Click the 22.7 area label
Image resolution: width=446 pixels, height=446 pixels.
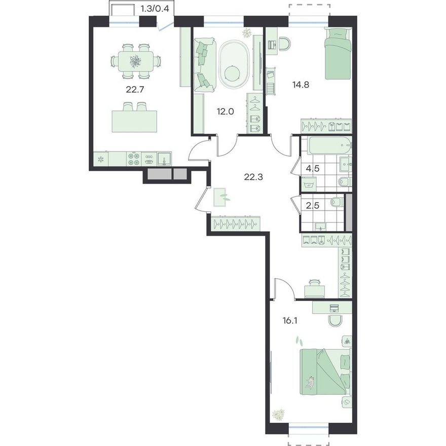[135, 90]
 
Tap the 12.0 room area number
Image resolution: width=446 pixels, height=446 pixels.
[225, 111]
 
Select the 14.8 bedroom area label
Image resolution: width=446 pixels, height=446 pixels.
[301, 85]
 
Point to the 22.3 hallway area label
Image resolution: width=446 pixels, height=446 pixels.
[253, 177]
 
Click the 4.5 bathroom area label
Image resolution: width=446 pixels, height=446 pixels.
[313, 168]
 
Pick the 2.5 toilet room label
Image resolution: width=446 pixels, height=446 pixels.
[313, 205]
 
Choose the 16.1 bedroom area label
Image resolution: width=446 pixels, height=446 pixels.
[290, 321]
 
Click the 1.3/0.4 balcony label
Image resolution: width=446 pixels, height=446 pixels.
[155, 9]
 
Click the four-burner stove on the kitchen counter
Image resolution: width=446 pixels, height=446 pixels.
[134, 159]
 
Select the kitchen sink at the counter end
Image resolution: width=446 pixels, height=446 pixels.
[164, 159]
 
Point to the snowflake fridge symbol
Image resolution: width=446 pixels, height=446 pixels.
[100, 159]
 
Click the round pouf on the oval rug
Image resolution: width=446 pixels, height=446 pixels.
[232, 73]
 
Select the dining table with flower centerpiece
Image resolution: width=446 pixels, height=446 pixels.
[135, 61]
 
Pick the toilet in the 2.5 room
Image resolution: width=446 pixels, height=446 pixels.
[338, 202]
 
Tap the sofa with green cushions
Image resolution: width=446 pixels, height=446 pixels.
[205, 65]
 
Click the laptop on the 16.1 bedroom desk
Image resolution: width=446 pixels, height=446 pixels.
[334, 308]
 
